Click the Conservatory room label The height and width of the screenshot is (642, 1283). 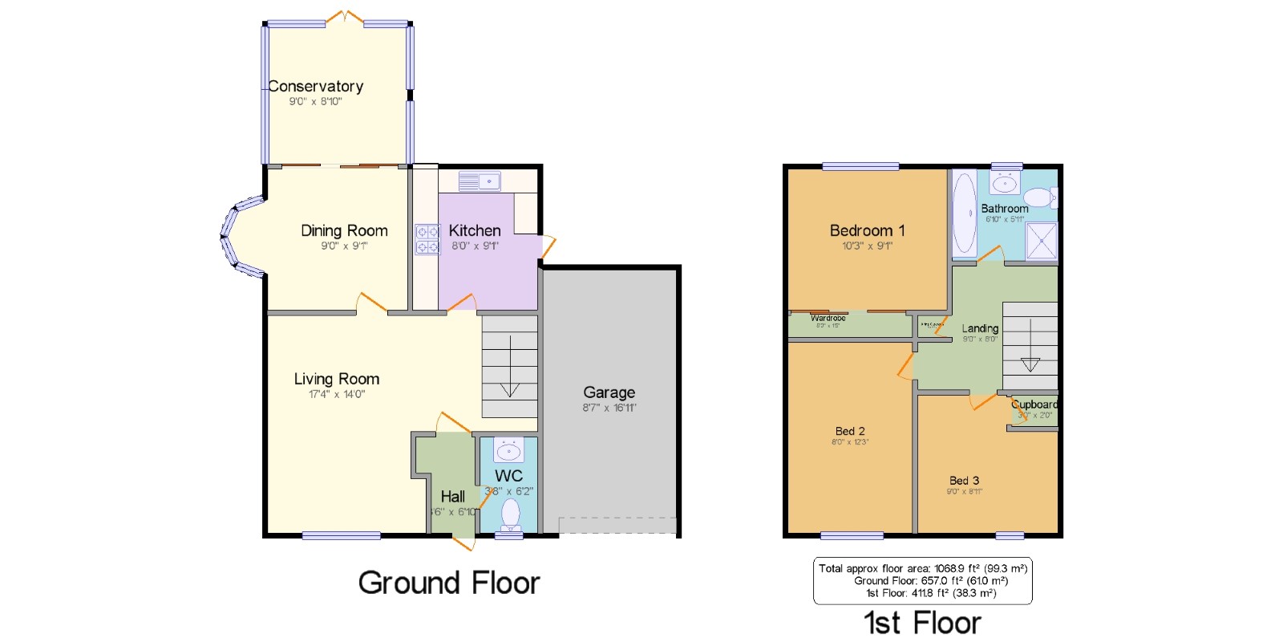[316, 86]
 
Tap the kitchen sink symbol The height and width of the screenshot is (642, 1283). [480, 181]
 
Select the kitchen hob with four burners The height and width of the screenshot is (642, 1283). [427, 239]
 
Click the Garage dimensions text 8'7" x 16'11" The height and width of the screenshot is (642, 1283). [609, 408]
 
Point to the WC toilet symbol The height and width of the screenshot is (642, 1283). [510, 514]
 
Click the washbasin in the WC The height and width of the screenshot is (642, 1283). [508, 451]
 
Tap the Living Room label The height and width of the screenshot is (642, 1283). [336, 379]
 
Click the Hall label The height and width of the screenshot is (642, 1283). [452, 497]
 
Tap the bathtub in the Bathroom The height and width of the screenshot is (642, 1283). [964, 213]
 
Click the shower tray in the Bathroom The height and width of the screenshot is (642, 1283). [1042, 242]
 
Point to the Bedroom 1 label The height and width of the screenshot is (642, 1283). [867, 230]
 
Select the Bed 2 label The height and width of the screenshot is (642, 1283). [850, 431]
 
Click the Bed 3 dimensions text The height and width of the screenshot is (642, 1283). [964, 492]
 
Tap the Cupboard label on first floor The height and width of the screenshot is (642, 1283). [1034, 404]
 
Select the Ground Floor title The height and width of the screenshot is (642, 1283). [449, 583]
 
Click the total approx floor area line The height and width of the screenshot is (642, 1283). [922, 568]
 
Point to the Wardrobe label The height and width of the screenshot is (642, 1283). [828, 319]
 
